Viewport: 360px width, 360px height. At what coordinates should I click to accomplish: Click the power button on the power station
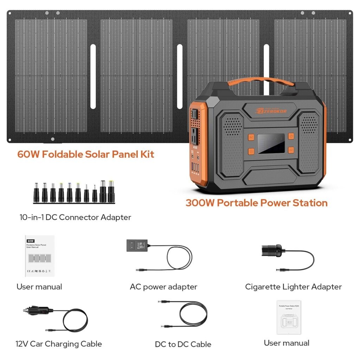291,136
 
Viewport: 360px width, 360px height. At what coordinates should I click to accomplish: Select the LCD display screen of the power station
271,143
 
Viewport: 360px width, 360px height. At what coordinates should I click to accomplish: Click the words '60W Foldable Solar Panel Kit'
86,154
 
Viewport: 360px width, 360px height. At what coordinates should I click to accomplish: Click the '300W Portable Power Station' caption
256,203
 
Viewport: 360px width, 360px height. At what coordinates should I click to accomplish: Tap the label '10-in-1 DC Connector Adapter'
75,217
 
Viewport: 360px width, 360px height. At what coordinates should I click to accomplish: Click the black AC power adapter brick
137,245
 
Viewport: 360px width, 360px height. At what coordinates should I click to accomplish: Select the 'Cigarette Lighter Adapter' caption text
293,287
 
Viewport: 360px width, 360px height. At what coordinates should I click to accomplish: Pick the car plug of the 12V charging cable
37,311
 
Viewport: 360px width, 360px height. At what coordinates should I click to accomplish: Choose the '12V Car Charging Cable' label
59,344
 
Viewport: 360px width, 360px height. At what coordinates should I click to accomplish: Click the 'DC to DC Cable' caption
183,345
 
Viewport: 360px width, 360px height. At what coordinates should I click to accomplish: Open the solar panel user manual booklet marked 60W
40,256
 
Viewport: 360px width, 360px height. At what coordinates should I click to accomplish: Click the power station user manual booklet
289,317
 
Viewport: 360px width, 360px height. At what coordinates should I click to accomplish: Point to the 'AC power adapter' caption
163,287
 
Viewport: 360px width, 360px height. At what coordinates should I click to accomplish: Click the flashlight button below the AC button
251,151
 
